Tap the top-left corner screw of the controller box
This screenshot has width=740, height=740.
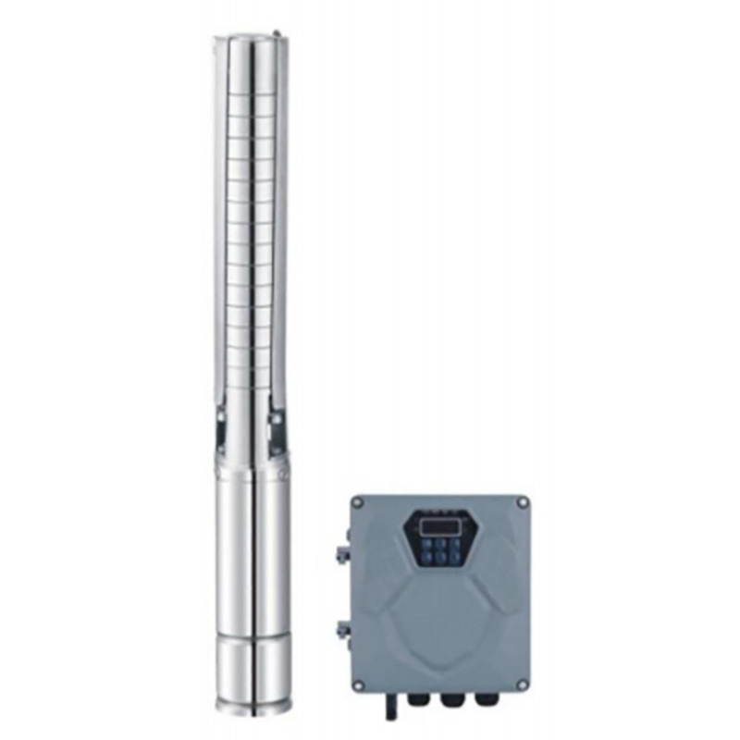click(x=358, y=502)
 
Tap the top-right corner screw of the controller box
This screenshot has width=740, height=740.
click(x=523, y=502)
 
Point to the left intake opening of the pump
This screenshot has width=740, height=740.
click(x=222, y=430)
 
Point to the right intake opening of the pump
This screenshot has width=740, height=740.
click(x=276, y=430)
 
